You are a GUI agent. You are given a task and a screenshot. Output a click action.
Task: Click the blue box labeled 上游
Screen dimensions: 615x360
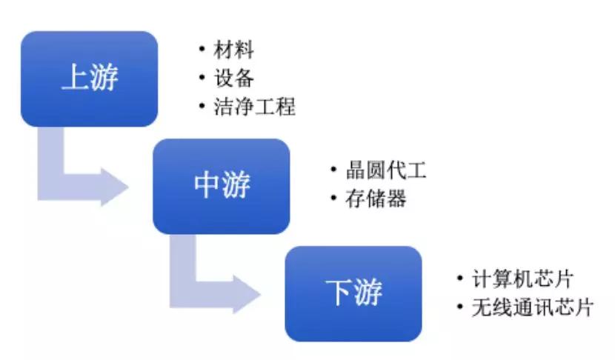click(89, 79)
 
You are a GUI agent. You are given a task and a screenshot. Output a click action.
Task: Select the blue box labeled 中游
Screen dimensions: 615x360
click(222, 186)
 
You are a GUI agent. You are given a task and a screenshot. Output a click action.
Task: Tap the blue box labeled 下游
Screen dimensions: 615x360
click(353, 294)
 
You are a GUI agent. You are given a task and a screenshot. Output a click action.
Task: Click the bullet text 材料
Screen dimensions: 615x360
click(233, 50)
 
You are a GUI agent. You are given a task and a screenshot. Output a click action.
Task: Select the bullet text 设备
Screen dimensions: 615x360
click(233, 78)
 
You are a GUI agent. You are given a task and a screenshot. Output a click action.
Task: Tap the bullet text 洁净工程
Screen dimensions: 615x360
click(255, 106)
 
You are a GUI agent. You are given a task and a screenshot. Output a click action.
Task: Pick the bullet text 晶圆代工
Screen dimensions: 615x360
click(386, 170)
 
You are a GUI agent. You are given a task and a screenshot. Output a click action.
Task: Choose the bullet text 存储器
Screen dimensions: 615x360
click(376, 199)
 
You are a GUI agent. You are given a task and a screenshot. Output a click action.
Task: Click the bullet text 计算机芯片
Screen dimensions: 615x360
click(522, 279)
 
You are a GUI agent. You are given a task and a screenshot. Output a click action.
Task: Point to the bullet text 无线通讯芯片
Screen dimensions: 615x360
click(533, 307)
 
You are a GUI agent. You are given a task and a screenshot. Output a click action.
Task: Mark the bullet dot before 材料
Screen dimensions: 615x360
click(202, 49)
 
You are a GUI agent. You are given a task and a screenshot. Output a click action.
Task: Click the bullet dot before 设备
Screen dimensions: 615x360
click(202, 77)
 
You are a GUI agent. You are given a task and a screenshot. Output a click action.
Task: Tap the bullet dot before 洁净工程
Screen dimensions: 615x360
click(202, 105)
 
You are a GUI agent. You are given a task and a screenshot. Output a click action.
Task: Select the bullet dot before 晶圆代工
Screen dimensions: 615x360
click(333, 170)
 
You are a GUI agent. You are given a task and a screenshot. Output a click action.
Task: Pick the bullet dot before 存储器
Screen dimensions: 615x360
click(333, 198)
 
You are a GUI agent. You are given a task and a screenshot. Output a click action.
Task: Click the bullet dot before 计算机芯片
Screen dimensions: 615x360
click(460, 278)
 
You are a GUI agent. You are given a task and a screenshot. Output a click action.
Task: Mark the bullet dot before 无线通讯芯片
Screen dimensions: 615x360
click(460, 306)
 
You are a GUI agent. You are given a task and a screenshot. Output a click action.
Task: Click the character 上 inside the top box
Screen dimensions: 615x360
click(76, 77)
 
